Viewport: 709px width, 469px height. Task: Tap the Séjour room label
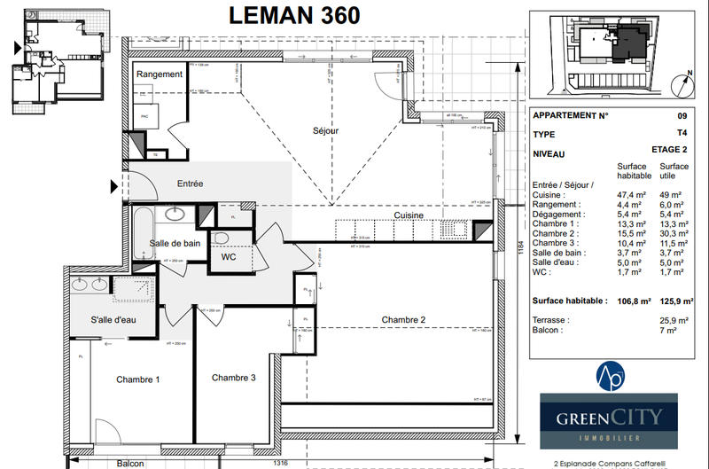pos(326,130)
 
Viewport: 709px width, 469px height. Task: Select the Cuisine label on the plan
pos(409,215)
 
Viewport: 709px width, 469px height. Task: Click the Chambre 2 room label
pos(404,319)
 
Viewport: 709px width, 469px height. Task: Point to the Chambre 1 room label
pos(138,379)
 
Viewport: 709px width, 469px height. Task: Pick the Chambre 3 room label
pos(234,377)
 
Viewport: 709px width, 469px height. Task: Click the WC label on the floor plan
pos(229,258)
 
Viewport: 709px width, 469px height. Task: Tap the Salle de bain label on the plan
pos(173,243)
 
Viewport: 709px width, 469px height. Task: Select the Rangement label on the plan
pos(160,74)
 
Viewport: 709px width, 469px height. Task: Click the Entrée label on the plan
pos(190,184)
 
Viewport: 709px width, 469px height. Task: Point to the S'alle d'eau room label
pos(114,319)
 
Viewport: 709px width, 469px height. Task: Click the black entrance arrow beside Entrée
pos(113,186)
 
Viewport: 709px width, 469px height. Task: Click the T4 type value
pos(681,134)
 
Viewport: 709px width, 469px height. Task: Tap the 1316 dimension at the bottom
pos(280,463)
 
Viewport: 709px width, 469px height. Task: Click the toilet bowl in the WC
pos(222,238)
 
